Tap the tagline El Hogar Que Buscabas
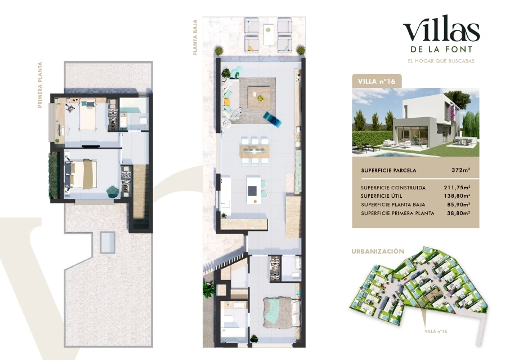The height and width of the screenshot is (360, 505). tap(441, 61)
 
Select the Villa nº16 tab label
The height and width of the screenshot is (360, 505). tap(377, 81)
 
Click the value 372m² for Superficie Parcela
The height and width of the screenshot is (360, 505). tap(461, 170)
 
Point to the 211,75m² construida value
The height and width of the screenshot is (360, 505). tap(457, 187)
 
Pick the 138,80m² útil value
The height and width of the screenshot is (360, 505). tap(457, 195)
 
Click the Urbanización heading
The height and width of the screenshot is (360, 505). tap(378, 251)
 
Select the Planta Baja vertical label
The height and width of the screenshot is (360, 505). tap(195, 37)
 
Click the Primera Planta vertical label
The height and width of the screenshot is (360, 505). tap(41, 85)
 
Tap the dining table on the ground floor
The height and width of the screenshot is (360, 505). tap(254, 151)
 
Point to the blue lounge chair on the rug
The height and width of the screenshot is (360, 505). tap(272, 118)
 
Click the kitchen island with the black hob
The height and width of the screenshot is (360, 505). tap(253, 189)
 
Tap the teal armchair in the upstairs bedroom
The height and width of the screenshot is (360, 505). tap(113, 191)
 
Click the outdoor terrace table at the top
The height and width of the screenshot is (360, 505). tap(268, 34)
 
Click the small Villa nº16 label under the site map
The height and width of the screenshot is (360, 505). tap(436, 331)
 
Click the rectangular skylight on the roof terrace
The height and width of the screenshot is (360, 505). tap(107, 242)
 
